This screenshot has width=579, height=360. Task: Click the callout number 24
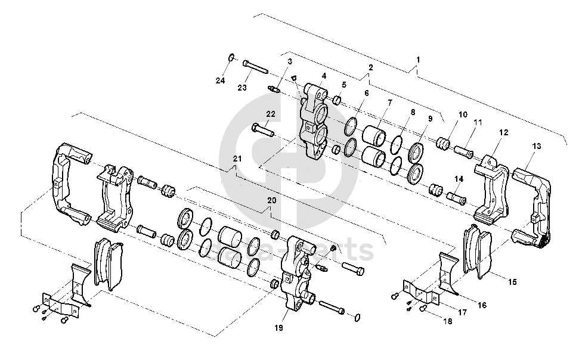pos(220,80)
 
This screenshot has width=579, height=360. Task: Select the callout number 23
pos(241,88)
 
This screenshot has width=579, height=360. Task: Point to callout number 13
pos(537,146)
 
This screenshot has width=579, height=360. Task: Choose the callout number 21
pos(237,159)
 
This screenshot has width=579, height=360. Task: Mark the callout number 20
pos(272,201)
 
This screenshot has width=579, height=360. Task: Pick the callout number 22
pos(271,113)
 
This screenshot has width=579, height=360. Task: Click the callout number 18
pos(447,321)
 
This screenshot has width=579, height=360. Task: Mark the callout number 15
pos(512,281)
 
